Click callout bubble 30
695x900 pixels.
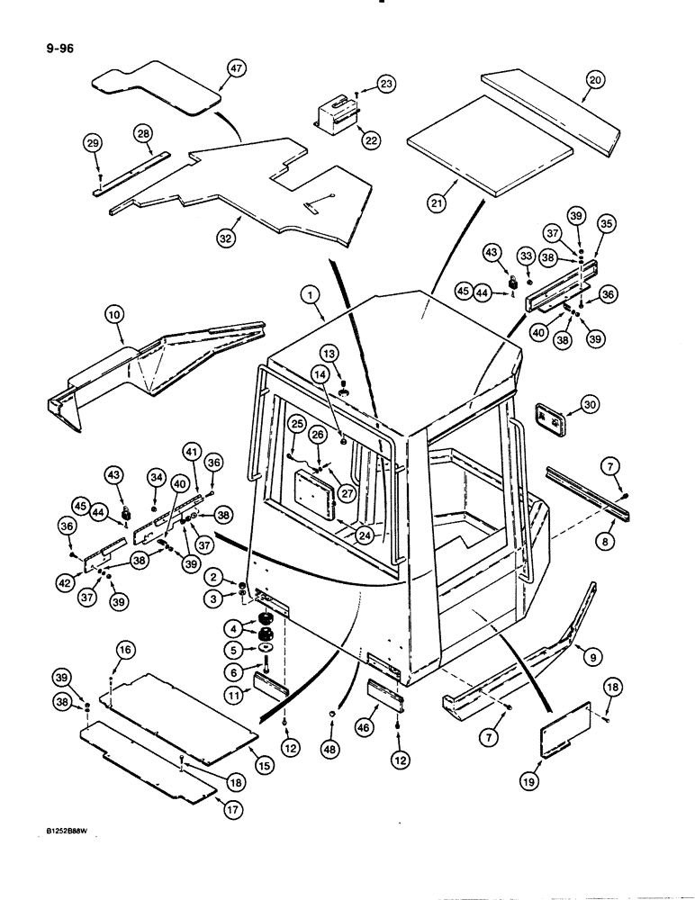[590, 405]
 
